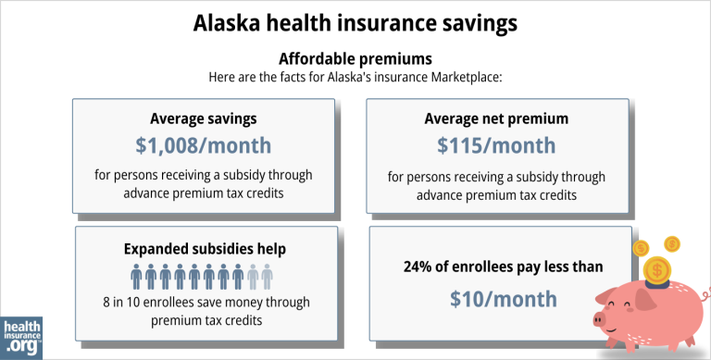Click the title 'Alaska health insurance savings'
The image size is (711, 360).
[x=355, y=21]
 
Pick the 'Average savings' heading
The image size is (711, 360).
[x=204, y=118]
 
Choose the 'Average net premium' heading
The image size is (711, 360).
[x=496, y=118]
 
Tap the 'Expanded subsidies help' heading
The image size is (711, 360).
[x=204, y=248]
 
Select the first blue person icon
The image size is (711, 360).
[x=137, y=275]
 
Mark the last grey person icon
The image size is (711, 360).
[x=268, y=275]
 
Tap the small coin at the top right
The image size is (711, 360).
[x=672, y=244]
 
